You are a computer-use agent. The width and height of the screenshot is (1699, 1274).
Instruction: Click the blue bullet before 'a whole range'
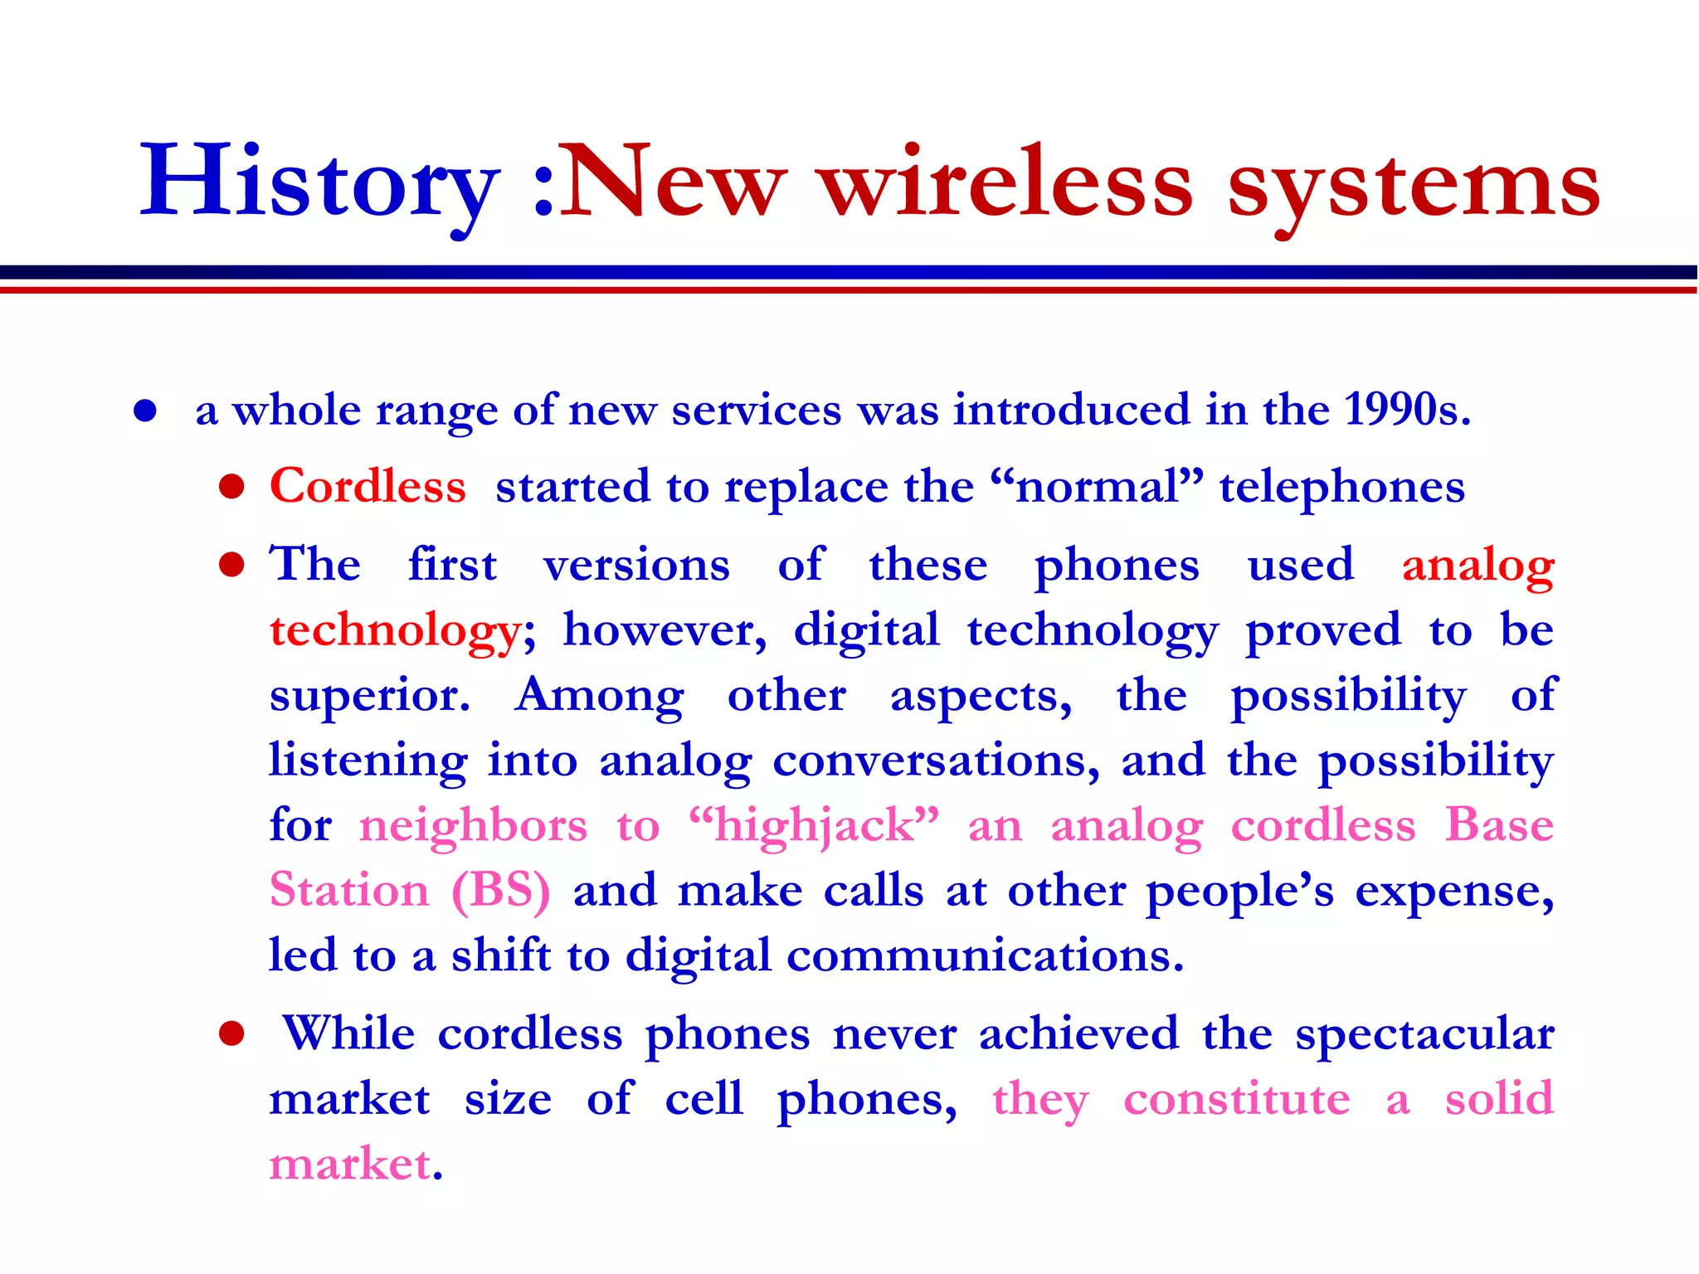[x=145, y=411]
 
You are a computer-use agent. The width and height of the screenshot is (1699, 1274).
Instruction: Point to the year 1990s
[x=1407, y=410]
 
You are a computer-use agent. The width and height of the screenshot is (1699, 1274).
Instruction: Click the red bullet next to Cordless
[x=231, y=487]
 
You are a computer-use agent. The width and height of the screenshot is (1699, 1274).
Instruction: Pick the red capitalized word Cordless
[x=368, y=486]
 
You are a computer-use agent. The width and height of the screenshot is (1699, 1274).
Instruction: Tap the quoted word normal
[x=1097, y=487]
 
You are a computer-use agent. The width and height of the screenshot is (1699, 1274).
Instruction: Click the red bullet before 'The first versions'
[x=231, y=565]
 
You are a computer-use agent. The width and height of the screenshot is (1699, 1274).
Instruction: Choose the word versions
[x=636, y=566]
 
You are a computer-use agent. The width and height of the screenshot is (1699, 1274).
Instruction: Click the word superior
[x=369, y=697]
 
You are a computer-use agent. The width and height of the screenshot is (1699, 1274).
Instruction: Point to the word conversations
[x=936, y=761]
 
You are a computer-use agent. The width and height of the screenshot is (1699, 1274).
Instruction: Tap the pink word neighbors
[x=473, y=826]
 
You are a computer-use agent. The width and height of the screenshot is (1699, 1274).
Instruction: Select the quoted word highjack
[x=814, y=826]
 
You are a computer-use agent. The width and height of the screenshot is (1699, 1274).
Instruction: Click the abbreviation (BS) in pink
[x=500, y=891]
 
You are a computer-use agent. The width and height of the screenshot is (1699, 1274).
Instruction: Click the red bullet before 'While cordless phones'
[x=231, y=1034]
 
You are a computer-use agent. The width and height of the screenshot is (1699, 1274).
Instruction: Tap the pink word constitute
[x=1236, y=1100]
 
